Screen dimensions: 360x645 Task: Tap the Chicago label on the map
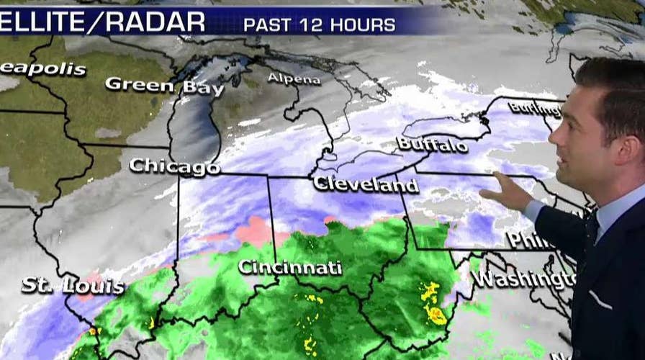click(x=174, y=166)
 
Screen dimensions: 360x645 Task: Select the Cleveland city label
click(x=366, y=184)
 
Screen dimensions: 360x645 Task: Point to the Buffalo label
click(x=432, y=144)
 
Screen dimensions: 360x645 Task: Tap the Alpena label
click(x=294, y=78)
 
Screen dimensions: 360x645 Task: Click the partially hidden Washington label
click(x=523, y=279)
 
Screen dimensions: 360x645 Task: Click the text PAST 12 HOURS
click(x=319, y=25)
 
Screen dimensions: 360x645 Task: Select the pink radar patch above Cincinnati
click(x=253, y=230)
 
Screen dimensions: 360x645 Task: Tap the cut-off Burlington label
click(x=534, y=109)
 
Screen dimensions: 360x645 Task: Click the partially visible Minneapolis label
click(x=42, y=70)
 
